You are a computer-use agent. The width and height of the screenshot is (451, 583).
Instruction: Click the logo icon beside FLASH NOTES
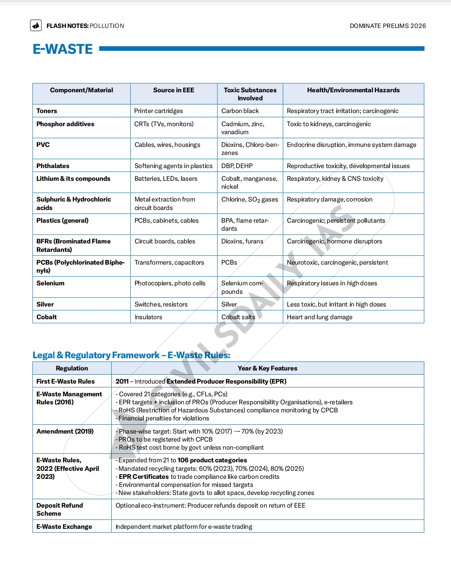pos(36,25)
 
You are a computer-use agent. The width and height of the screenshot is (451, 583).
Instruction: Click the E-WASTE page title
pos(63,49)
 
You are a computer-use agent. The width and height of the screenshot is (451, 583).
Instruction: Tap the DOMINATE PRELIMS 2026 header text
pos(388,26)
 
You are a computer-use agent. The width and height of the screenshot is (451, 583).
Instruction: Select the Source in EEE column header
pos(173,90)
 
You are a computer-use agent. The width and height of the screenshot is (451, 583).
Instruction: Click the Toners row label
pos(47,111)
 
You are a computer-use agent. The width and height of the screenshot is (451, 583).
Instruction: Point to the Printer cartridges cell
pos(159,111)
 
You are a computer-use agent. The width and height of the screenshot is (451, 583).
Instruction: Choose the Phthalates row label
pos(53,166)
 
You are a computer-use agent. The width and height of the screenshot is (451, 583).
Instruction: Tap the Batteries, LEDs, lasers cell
pos(166,179)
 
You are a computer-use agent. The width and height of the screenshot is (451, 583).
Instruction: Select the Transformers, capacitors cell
pos(169,262)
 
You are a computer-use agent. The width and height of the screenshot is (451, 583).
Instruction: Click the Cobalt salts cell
pos(238,317)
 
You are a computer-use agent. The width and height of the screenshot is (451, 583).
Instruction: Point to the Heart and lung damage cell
pos(319,317)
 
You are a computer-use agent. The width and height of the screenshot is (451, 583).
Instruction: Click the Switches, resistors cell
pos(161,304)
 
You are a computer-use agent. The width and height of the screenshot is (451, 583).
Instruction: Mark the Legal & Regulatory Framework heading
pos(132,355)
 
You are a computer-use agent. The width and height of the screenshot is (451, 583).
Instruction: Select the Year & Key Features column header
pos(267,368)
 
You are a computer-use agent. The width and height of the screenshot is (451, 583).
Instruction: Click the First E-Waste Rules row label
pos(66,381)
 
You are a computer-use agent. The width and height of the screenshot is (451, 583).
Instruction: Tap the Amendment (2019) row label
pos(65,431)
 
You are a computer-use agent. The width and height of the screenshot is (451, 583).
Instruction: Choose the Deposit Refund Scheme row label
pos(60,509)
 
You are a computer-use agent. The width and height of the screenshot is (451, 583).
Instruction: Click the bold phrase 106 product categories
pos(212,460)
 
